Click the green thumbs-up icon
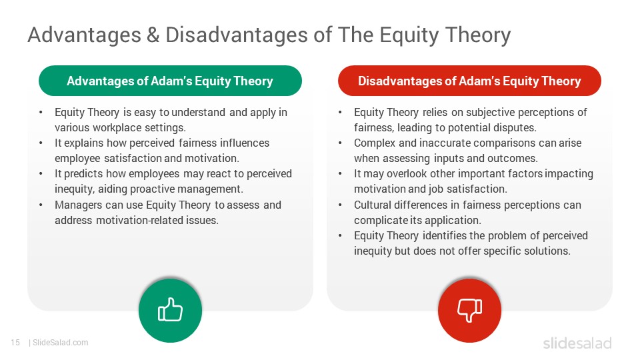tap(170, 310)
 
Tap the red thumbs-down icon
tap(469, 310)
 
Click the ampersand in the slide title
tap(153, 35)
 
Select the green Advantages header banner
tap(170, 81)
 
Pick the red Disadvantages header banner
tap(469, 81)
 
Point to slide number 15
tap(15, 343)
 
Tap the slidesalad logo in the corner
tap(577, 343)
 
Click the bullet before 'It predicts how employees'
tap(41, 174)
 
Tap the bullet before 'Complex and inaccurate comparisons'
tap(340, 143)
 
